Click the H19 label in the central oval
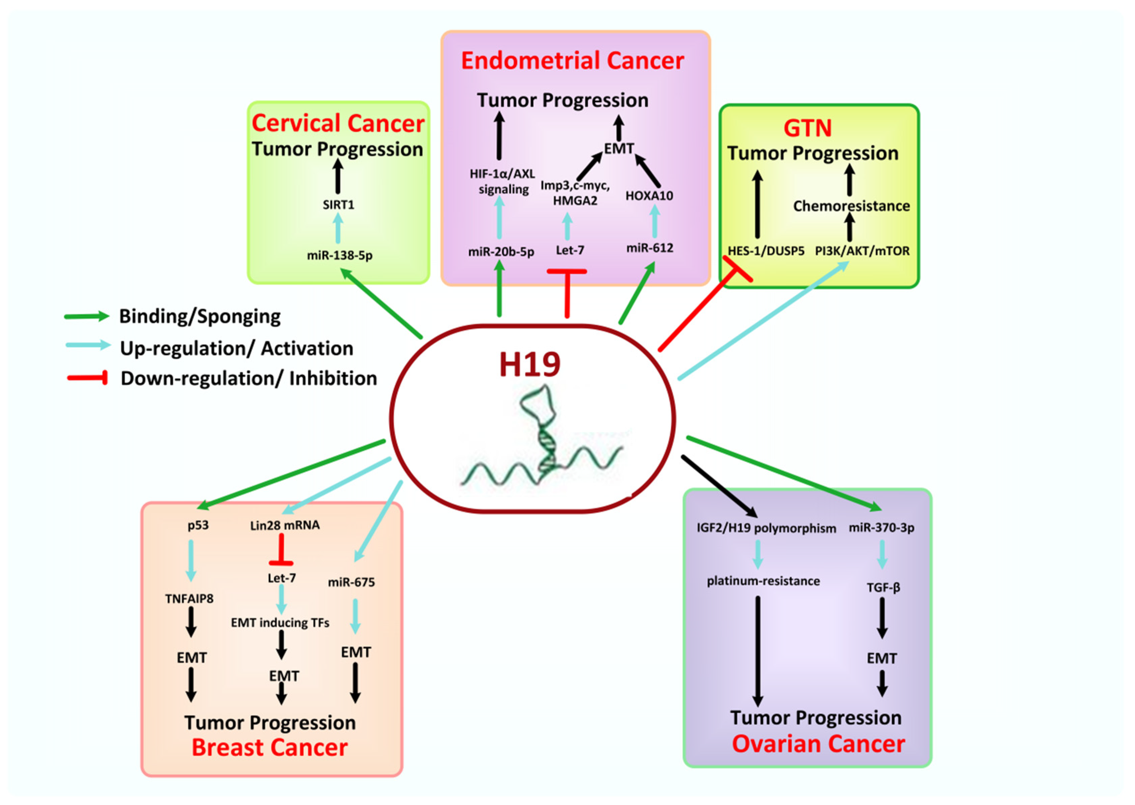click(x=529, y=364)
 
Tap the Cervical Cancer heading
click(x=338, y=124)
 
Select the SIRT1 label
click(x=338, y=205)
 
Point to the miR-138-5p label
click(x=339, y=255)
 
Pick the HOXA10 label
click(x=649, y=196)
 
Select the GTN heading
click(x=807, y=128)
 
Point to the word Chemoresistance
click(x=851, y=206)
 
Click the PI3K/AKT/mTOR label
click(x=862, y=251)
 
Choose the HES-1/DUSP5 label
click(x=766, y=251)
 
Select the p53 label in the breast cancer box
click(x=198, y=526)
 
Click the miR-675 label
click(x=351, y=582)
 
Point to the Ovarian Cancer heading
click(x=818, y=744)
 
